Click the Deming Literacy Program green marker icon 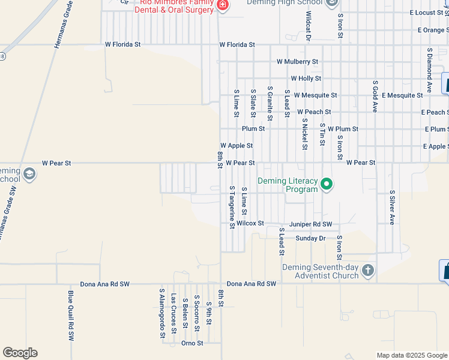[326, 184]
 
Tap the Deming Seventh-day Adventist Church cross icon [368, 271]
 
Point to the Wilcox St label [250, 223]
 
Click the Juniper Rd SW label [310, 224]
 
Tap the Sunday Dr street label [310, 238]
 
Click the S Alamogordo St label [162, 313]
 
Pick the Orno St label [192, 343]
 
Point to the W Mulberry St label [297, 61]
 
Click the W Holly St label [306, 78]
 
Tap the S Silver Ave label [392, 208]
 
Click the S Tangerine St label [231, 206]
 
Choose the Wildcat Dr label [309, 26]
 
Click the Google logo [20, 353]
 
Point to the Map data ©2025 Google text [411, 355]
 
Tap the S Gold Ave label [375, 96]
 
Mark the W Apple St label [237, 146]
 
